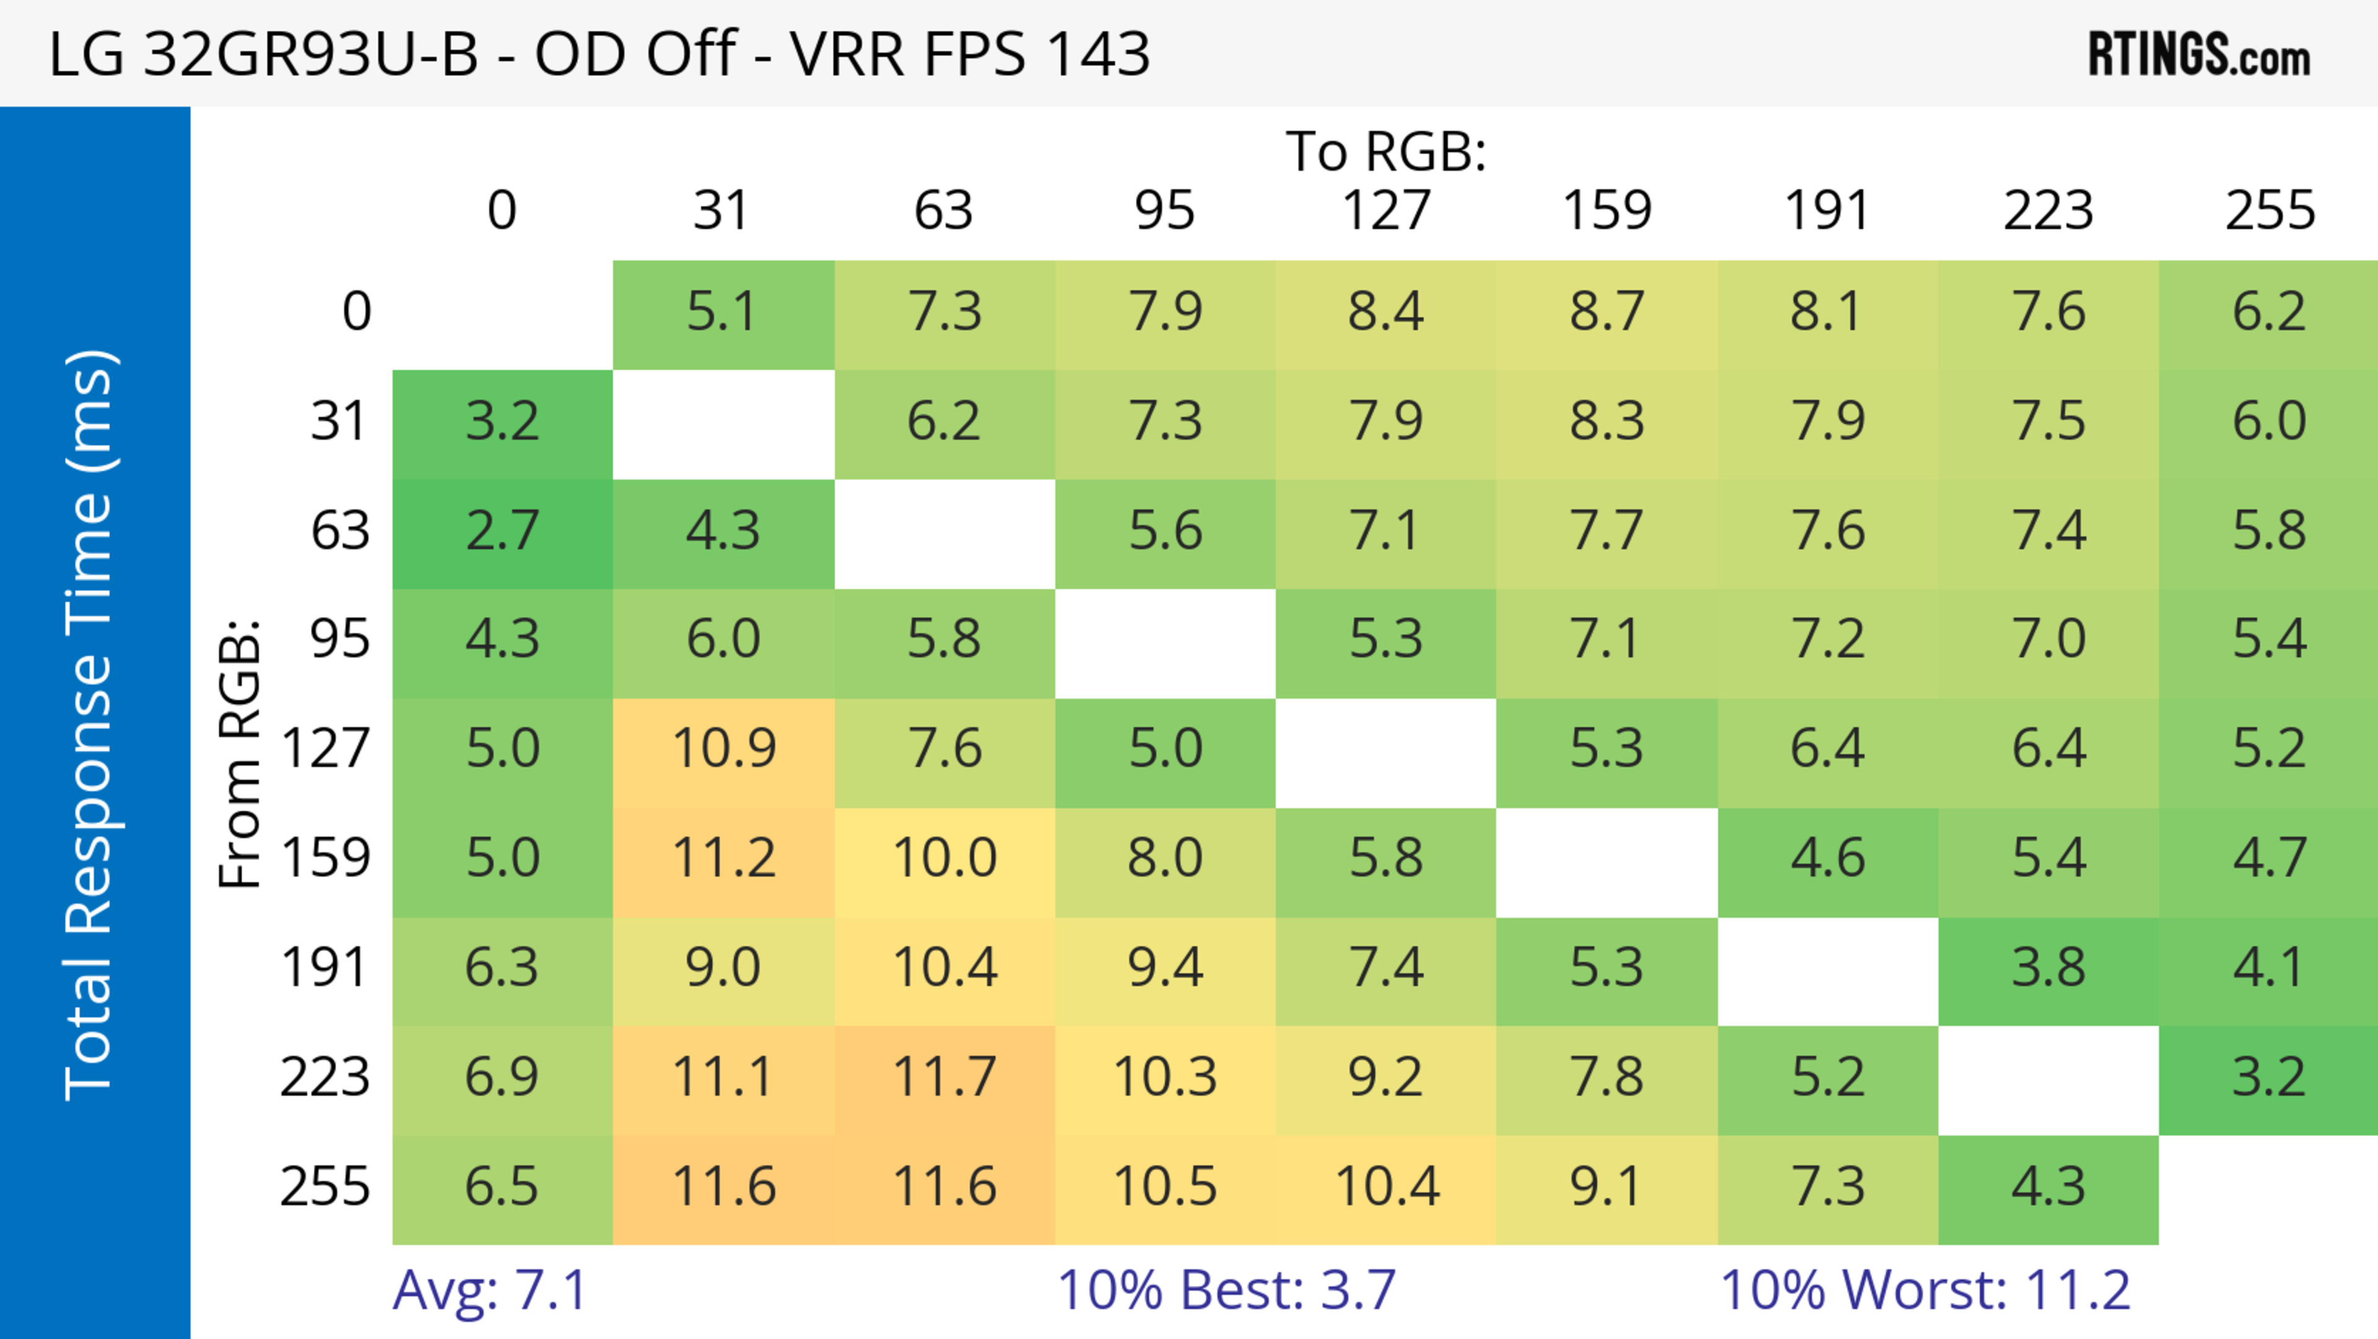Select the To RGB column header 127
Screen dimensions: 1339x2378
1386,211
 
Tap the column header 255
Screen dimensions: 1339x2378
2269,211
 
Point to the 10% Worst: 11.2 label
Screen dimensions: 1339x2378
1925,1290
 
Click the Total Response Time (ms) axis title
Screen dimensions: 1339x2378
90,725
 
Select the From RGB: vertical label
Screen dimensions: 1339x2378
240,753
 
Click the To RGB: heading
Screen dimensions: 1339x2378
1386,151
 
